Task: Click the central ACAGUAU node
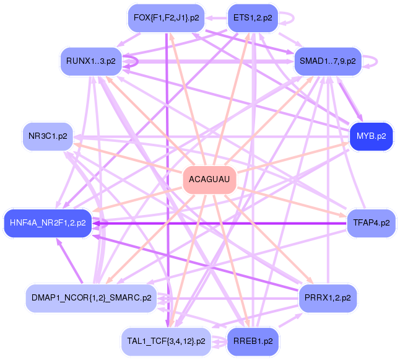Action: pos(209,180)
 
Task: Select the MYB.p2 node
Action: pos(371,136)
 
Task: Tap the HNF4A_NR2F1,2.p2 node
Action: pos(48,223)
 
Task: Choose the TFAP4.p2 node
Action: pos(371,223)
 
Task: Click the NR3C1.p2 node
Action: pos(48,136)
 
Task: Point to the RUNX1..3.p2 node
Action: pos(91,61)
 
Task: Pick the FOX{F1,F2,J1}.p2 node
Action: pos(167,18)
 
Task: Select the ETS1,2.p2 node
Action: pos(253,18)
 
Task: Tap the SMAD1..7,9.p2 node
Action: pos(328,61)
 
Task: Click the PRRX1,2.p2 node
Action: pos(328,297)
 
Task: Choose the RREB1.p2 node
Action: pos(253,341)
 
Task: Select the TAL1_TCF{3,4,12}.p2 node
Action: pos(167,341)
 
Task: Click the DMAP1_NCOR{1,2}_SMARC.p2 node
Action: pos(91,297)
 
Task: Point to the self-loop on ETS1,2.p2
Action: pos(293,18)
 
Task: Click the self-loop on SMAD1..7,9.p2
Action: pos(377,61)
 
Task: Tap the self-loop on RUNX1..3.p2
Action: pos(137,61)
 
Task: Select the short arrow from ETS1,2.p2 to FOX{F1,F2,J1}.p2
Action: pos(216,18)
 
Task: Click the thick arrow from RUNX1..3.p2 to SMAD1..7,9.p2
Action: pos(208,61)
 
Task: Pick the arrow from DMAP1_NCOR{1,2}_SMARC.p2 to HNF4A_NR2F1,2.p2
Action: pos(69,261)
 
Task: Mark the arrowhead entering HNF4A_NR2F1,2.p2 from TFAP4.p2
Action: pos(96,224)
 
